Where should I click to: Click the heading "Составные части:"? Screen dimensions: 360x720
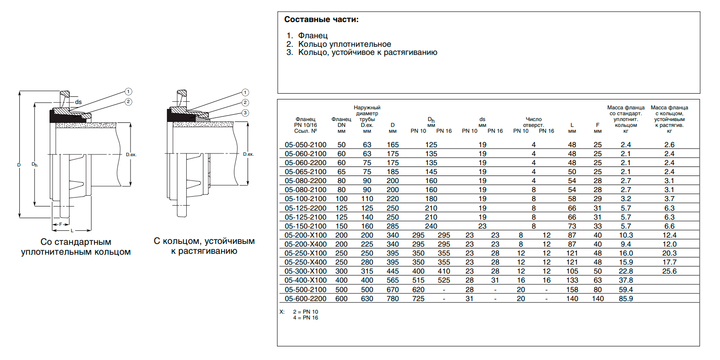321,20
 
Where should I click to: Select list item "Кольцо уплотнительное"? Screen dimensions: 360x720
344,44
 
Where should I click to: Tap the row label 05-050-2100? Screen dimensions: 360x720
306,145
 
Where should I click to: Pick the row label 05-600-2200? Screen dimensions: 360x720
306,299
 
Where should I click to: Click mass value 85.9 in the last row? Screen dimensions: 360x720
625,299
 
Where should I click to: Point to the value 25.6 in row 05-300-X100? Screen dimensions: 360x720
669,271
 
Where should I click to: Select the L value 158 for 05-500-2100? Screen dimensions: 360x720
572,290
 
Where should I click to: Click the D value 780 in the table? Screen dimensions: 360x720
392,299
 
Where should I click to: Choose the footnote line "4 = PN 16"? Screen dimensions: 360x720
306,318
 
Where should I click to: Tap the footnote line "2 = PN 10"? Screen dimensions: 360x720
306,312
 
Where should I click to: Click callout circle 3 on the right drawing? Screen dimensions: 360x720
245,113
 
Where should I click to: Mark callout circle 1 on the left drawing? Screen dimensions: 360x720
128,92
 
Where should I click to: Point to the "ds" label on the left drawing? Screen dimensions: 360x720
78,102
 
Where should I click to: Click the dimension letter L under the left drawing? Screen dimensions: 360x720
72,231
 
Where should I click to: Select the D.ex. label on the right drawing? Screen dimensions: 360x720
248,154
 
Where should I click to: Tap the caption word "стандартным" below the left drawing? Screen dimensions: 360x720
83,242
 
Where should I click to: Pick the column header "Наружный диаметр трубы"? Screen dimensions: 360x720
367,113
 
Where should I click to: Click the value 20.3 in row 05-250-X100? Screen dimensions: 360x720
669,253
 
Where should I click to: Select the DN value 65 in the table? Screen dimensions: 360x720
342,172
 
